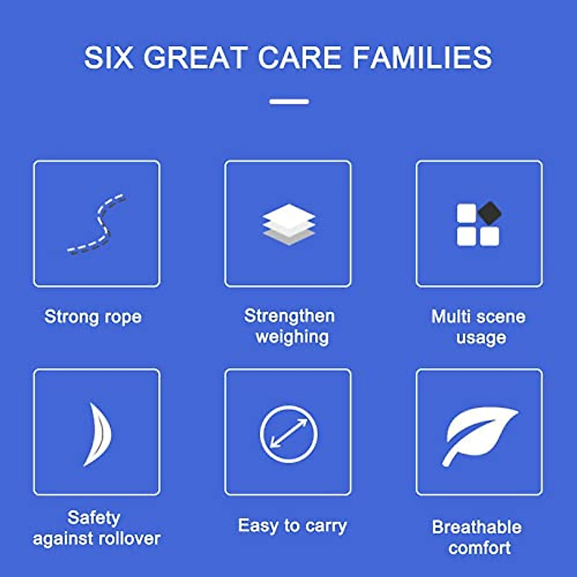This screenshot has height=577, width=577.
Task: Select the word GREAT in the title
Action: [195, 58]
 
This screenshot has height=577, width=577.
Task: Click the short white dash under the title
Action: [289, 101]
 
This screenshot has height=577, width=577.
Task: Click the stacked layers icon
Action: [288, 224]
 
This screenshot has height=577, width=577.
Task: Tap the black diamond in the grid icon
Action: [489, 213]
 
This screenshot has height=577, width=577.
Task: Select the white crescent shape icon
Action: [98, 434]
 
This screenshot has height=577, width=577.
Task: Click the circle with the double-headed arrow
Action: [288, 434]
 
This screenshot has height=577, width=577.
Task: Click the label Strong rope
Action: [93, 317]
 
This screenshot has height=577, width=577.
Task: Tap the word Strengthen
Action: [289, 316]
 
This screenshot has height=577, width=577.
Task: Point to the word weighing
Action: [292, 337]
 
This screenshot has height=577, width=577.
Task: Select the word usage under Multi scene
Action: [481, 338]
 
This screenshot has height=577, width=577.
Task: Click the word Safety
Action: [94, 518]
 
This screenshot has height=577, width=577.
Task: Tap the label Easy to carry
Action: [292, 526]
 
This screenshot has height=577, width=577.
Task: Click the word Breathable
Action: [477, 527]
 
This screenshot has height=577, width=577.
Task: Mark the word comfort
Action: [479, 548]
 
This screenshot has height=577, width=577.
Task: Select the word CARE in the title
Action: [300, 58]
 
